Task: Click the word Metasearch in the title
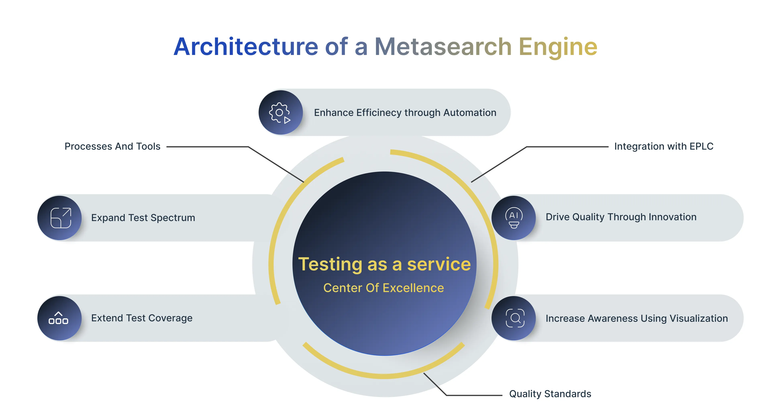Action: tap(443, 47)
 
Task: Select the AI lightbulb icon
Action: tap(514, 218)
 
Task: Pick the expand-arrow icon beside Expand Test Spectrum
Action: tap(61, 218)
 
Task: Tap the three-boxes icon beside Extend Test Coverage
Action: tap(59, 318)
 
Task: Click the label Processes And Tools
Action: tap(112, 146)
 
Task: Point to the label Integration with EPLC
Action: tap(664, 146)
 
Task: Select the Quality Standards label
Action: tap(550, 394)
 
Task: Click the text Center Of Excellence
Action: tap(384, 288)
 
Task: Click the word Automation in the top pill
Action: tap(470, 113)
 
